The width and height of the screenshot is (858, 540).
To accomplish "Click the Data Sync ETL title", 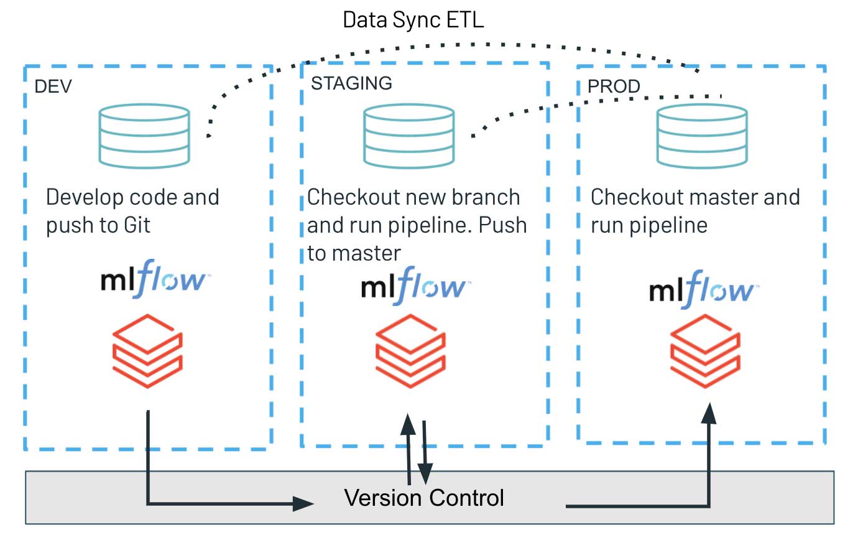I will (x=413, y=20).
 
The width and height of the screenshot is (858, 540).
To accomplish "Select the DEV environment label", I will (x=53, y=86).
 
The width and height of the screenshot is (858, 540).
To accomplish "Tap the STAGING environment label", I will (x=351, y=83).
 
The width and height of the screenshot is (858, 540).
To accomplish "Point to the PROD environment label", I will (x=614, y=86).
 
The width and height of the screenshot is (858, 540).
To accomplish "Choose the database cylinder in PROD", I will (x=702, y=136).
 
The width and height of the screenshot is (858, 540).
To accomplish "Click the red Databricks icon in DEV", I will (x=147, y=350).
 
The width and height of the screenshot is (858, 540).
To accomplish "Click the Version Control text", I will (x=424, y=498).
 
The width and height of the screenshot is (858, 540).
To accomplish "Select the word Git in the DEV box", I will (x=134, y=225).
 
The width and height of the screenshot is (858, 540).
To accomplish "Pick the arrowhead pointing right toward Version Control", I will (x=303, y=503).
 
